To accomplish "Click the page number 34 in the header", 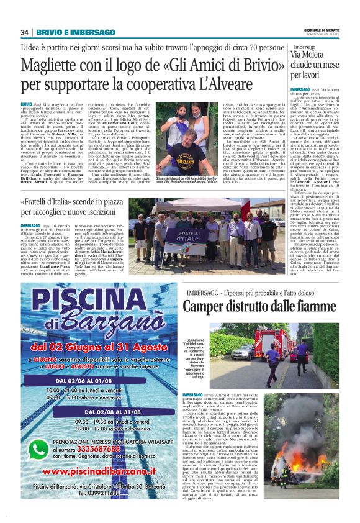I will (25, 32).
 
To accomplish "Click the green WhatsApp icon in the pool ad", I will (38, 448).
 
